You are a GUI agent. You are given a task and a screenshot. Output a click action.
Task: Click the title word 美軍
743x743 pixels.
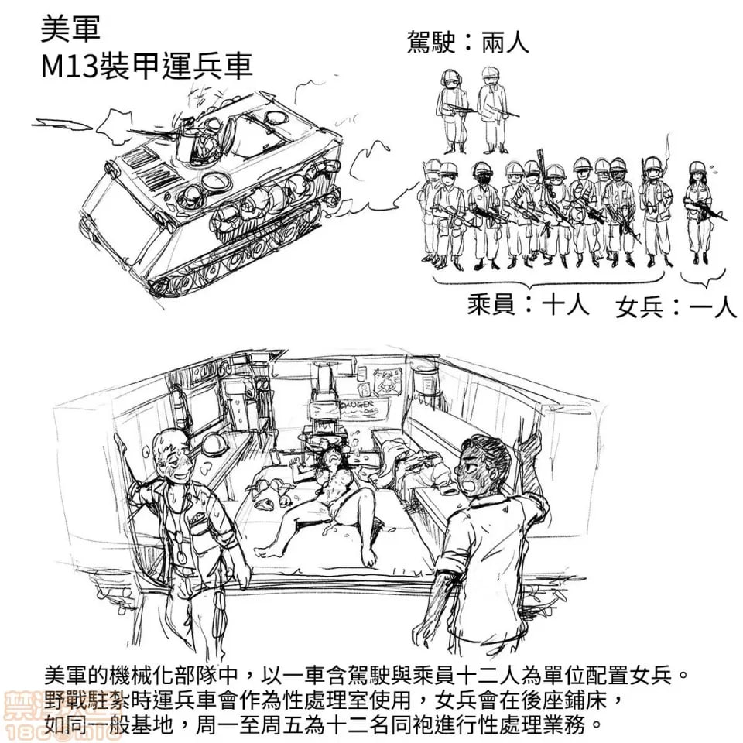tap(70, 31)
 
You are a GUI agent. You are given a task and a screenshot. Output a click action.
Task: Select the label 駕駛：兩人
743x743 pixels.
tap(467, 42)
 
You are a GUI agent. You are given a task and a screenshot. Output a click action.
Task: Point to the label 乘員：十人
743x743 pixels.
tap(529, 305)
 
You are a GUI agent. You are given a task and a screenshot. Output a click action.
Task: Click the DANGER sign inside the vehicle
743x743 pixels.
tap(357, 405)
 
